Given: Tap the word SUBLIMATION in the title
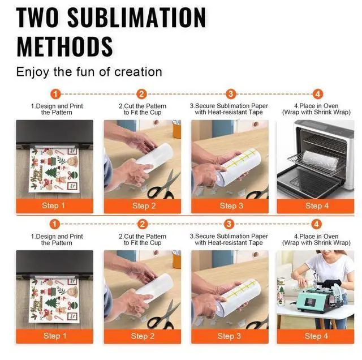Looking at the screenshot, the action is [136, 18].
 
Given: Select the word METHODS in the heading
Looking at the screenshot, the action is [64, 46].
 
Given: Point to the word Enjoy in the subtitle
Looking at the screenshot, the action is [33, 72].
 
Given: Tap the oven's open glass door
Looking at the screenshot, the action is [308, 182].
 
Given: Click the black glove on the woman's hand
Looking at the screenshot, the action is [331, 284].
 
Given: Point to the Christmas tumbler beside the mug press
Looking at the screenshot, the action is [282, 292].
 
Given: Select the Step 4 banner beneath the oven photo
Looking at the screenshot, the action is [316, 206].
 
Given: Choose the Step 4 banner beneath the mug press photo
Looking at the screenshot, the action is [316, 336].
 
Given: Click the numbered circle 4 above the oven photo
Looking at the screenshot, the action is [318, 94].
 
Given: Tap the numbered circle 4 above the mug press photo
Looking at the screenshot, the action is [316, 224].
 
